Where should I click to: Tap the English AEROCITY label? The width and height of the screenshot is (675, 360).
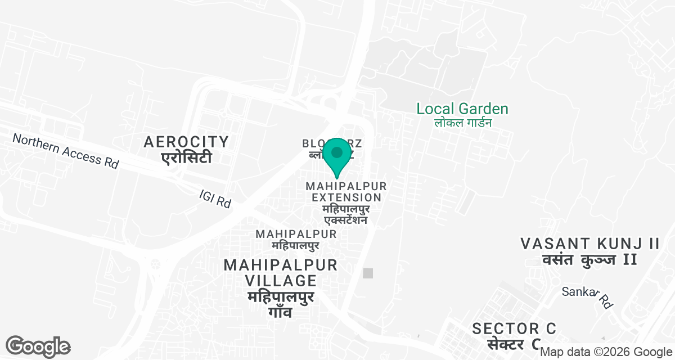click(x=186, y=142)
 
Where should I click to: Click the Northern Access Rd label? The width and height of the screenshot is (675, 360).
click(x=66, y=150)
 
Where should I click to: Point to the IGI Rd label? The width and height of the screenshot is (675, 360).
click(x=215, y=199)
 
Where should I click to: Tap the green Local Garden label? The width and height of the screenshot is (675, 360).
click(x=462, y=109)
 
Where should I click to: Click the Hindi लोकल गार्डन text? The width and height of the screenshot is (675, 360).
click(x=463, y=123)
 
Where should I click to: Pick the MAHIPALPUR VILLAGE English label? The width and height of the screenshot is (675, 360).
click(x=280, y=273)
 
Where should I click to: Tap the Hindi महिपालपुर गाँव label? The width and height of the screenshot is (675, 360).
click(x=280, y=304)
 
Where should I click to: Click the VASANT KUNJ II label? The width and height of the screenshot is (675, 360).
click(x=589, y=244)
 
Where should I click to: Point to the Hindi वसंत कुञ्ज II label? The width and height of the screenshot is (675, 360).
click(x=589, y=259)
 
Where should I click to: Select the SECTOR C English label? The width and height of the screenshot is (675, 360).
click(x=514, y=328)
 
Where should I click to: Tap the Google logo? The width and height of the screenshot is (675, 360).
click(x=38, y=346)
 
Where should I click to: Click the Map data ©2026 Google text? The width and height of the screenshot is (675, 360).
click(x=606, y=352)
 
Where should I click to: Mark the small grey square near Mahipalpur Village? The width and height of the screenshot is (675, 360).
click(x=368, y=273)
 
